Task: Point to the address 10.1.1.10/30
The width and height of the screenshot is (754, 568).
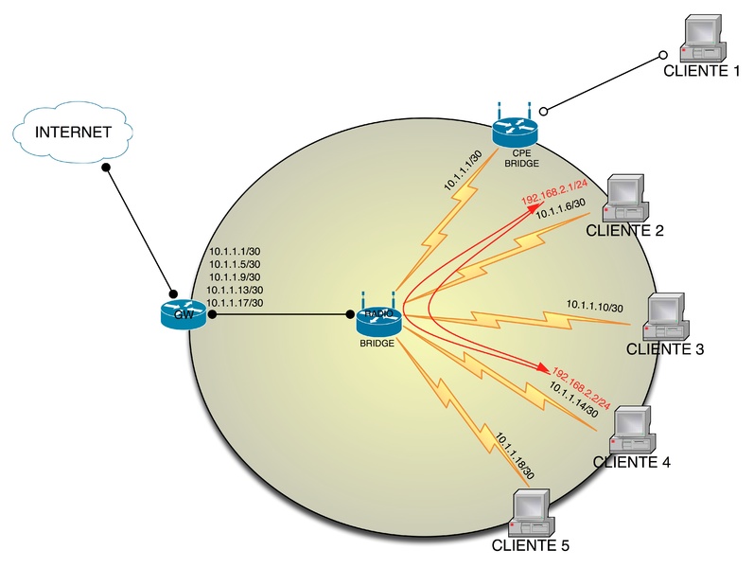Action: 594,306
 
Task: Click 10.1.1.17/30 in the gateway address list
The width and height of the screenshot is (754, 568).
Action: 234,303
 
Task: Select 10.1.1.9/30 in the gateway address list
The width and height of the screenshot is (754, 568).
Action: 234,276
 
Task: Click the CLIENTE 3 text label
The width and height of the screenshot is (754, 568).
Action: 665,349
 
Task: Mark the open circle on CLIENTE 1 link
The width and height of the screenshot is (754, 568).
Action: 664,55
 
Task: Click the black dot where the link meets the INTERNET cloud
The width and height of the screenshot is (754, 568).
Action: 107,168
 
